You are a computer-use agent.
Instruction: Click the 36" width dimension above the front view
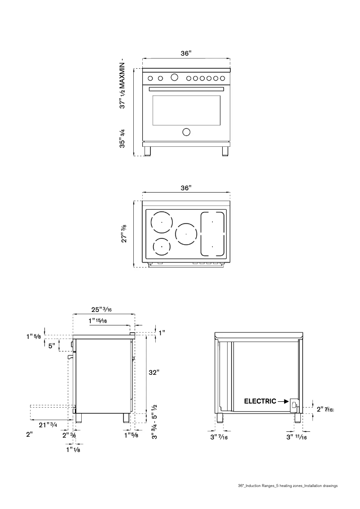coord(186,53)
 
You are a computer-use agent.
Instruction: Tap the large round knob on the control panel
coord(175,78)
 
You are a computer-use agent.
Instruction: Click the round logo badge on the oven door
coord(186,132)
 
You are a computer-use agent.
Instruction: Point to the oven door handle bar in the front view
coord(186,89)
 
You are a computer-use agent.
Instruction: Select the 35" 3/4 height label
coord(122,139)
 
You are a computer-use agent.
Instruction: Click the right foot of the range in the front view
coord(225,151)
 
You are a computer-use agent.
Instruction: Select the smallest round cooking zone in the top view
coord(161,246)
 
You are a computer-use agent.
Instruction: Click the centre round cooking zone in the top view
coord(186,234)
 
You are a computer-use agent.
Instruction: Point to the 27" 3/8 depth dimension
coord(124,233)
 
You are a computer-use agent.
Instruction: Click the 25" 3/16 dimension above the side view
coord(101,309)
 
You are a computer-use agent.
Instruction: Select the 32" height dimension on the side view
coord(154,373)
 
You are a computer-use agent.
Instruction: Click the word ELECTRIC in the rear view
coord(260,401)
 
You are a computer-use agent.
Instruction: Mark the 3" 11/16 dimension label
coord(296,437)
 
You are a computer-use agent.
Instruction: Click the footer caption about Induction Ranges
coord(288,486)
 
